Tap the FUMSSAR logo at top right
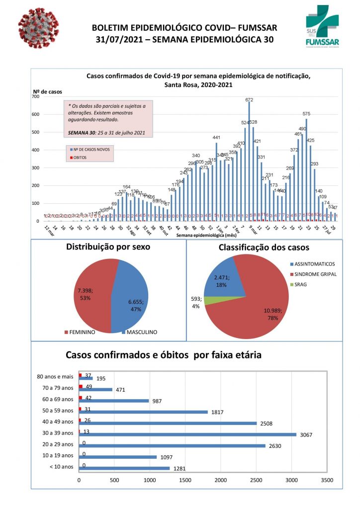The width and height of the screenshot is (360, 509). pyautogui.click(x=324, y=27)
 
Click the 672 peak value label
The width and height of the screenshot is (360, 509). pyautogui.click(x=249, y=100)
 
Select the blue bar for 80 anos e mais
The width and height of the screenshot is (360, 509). pyautogui.click(x=86, y=378)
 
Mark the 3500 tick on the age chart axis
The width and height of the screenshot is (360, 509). pyautogui.click(x=327, y=481)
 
